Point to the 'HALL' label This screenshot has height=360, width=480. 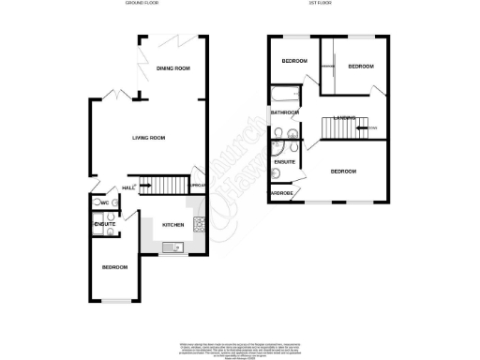pos(128,187)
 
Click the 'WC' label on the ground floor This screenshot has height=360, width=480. pos(105,204)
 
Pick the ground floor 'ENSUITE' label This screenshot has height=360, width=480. pos(104,224)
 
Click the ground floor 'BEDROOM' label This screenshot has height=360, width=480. pos(114,267)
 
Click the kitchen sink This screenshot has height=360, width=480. pos(172,247)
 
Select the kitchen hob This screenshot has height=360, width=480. pos(198,224)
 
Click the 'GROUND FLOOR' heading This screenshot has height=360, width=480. pos(143,4)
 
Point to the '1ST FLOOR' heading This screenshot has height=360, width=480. pos(325,4)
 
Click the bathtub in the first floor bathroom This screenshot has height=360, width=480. pos(284,97)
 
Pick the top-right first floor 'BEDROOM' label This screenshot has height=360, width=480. pos(360,67)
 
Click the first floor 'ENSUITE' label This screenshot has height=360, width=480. pos(284,163)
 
